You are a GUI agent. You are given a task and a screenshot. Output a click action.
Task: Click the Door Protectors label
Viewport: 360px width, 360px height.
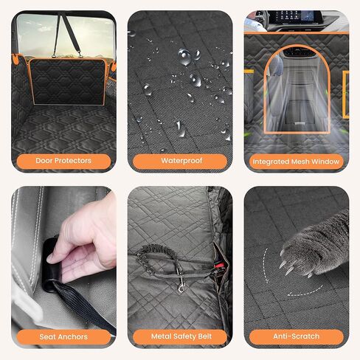63,160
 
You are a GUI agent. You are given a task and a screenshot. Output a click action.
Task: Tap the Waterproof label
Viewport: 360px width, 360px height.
179,160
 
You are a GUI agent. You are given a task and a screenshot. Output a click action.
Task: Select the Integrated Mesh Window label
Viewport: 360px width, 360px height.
297,161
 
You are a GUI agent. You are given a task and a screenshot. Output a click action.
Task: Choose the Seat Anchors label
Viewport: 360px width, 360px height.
63,336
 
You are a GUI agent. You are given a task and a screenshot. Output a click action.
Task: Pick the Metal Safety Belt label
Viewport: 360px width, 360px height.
179,336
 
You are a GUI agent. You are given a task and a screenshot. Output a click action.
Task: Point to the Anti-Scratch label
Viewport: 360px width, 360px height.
297,336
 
